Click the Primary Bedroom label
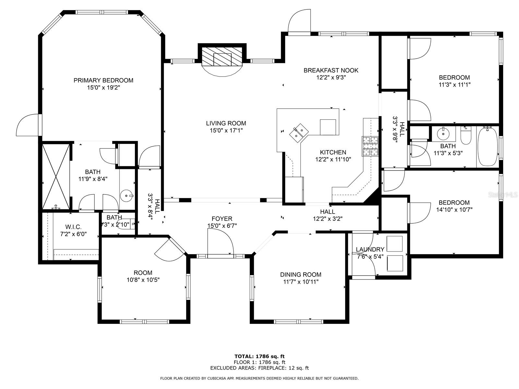(103, 80)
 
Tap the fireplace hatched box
(222, 56)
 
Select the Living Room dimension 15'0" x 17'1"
(226, 130)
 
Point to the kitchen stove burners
(370, 147)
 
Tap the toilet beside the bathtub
(466, 135)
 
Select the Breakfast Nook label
(331, 70)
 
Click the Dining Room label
(300, 275)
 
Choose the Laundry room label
(370, 249)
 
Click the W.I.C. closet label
(73, 227)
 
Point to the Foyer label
(222, 219)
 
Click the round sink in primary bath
(127, 196)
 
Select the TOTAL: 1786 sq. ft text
(259, 356)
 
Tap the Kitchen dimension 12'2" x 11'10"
(333, 159)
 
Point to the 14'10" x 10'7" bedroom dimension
(454, 209)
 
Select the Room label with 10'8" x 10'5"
(143, 273)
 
